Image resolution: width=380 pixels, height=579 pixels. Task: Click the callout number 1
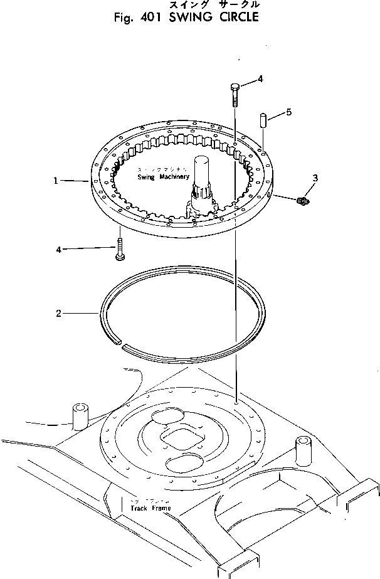click(x=55, y=181)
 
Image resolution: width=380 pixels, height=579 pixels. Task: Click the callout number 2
click(x=58, y=314)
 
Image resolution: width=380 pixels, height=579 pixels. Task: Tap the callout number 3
click(x=315, y=178)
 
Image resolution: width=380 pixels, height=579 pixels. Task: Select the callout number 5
click(x=288, y=112)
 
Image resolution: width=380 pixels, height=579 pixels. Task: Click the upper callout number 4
click(x=260, y=79)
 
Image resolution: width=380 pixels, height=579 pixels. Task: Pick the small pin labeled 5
click(x=264, y=120)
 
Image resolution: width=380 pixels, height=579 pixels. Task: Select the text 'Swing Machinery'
click(x=164, y=178)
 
